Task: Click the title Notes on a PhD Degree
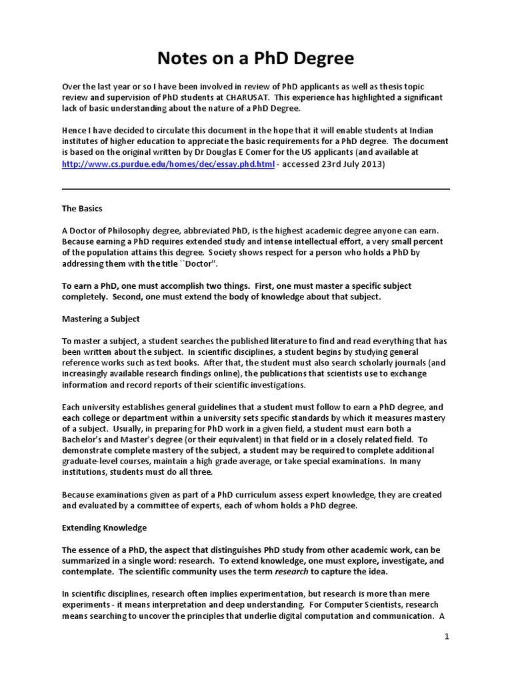[255, 59]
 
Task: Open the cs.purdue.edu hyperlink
[168, 165]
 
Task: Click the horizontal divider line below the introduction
[255, 189]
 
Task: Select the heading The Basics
[82, 209]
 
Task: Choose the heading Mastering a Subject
[101, 319]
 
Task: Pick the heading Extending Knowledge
[104, 528]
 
